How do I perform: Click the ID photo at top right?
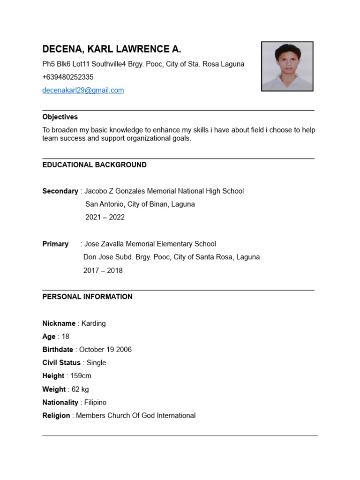coord(287,66)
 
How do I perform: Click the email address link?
coord(83,90)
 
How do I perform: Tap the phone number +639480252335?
coord(68,77)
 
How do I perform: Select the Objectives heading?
coord(60,117)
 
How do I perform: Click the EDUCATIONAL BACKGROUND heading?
coord(94,165)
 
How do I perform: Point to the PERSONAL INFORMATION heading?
coord(87,297)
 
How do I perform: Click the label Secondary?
coord(60,191)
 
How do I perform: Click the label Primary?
coord(55,244)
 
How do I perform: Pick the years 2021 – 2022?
coord(105,217)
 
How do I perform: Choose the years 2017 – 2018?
coord(103,270)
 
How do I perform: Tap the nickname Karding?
coord(94,323)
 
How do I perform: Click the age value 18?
coord(65,337)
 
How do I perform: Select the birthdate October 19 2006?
coord(105,350)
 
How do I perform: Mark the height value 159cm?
coord(81,376)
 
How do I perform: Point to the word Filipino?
coord(94,403)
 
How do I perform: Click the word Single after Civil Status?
coord(97,363)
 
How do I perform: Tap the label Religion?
coord(56,416)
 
